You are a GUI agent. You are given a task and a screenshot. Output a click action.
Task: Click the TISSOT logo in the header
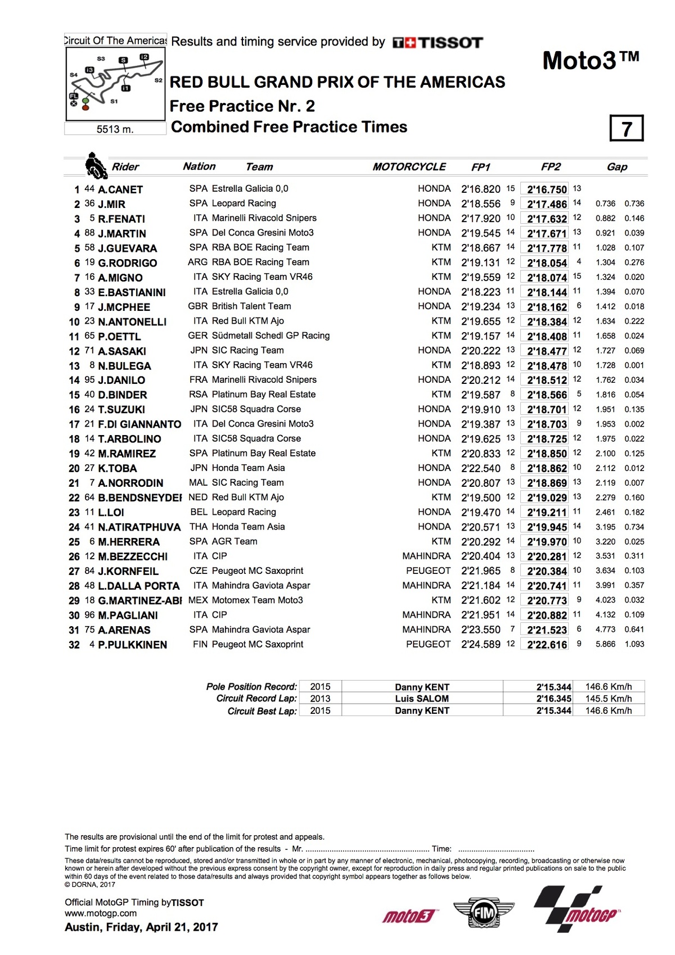click(x=438, y=43)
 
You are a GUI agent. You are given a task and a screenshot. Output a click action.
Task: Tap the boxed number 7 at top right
click(x=626, y=129)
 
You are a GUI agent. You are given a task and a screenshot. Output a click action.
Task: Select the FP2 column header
click(x=551, y=167)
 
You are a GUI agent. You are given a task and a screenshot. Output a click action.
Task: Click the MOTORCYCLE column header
click(x=409, y=167)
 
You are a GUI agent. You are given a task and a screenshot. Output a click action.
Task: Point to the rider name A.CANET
click(x=120, y=189)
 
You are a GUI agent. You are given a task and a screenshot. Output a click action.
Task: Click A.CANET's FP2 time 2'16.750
click(x=547, y=189)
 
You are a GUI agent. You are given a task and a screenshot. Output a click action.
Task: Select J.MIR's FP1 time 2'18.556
click(x=480, y=203)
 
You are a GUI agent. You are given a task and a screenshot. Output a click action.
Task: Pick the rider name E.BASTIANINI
click(x=132, y=292)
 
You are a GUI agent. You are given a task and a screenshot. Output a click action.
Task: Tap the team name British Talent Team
click(x=251, y=306)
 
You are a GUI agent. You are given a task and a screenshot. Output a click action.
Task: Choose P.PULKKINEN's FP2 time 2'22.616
click(x=547, y=645)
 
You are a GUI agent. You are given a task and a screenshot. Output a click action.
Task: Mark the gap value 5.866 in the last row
click(x=605, y=644)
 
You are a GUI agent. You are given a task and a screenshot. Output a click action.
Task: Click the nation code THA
click(x=199, y=527)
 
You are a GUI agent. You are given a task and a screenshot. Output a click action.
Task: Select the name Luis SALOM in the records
click(x=422, y=699)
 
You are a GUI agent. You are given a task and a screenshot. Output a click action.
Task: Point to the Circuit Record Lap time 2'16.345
click(x=553, y=699)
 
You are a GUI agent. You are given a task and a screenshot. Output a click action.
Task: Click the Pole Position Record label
click(x=251, y=686)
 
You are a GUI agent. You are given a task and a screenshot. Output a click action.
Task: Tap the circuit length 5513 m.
click(x=115, y=129)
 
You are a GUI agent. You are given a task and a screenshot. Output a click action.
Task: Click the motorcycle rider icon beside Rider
click(x=96, y=166)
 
